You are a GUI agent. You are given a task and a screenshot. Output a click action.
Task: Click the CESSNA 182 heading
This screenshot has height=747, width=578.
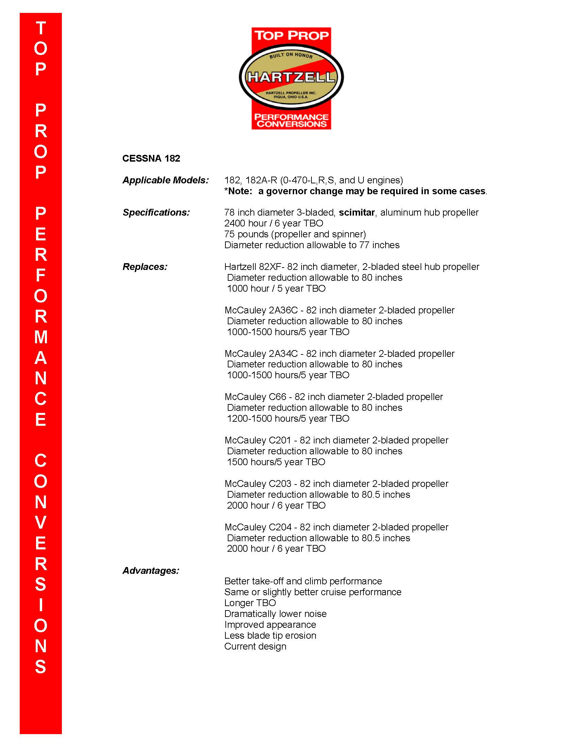point(151,158)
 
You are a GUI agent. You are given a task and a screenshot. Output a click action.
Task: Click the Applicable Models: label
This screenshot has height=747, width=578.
point(165,180)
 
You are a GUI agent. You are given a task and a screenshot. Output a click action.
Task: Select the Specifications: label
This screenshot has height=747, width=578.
point(156,213)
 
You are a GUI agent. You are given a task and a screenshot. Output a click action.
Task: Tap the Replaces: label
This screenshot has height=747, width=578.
point(145,267)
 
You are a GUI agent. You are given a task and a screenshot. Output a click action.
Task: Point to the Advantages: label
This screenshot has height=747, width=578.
point(151,570)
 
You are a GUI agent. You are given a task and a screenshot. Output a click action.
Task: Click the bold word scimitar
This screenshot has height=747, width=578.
point(356,213)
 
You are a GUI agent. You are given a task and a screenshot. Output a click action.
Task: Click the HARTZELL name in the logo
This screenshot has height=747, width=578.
point(291,77)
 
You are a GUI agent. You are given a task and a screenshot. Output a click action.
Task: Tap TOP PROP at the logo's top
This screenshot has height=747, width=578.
point(291,36)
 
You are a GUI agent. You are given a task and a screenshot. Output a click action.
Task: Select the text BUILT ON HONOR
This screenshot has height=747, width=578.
point(291,56)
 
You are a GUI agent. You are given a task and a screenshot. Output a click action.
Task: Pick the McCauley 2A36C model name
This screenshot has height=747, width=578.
point(261,310)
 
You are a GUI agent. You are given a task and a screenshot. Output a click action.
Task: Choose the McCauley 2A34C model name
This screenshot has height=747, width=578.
point(261,354)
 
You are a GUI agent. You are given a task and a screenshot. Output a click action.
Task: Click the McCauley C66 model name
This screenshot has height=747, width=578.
point(255,397)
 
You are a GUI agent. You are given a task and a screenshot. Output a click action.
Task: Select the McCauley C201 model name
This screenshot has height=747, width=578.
point(258,440)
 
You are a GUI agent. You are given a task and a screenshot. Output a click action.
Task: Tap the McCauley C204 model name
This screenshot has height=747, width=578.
point(258,527)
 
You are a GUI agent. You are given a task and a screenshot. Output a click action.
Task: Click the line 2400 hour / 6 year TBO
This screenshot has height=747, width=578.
point(274,223)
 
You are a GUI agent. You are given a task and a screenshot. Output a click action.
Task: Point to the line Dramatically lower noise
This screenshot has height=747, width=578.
point(275,614)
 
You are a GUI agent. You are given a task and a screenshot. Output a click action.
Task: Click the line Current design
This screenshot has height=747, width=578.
point(255,646)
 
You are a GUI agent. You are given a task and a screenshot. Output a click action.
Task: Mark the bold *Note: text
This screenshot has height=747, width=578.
point(238,191)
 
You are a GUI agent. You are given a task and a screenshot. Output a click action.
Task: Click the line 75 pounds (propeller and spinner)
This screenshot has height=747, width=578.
point(295,234)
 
